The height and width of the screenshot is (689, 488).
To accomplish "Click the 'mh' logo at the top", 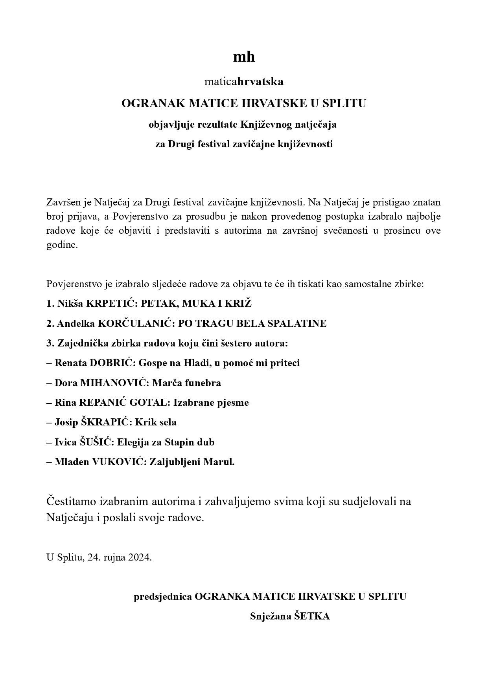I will coord(244,57).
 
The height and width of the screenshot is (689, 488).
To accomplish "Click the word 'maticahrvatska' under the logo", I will coord(244,82).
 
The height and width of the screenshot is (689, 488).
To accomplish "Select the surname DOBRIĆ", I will coord(112,363).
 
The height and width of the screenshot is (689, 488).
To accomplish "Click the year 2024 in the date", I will coord(139,557).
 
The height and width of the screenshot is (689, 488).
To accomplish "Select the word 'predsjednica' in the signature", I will coord(163,597).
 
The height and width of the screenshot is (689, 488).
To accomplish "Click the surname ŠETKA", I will coord(312,616).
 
